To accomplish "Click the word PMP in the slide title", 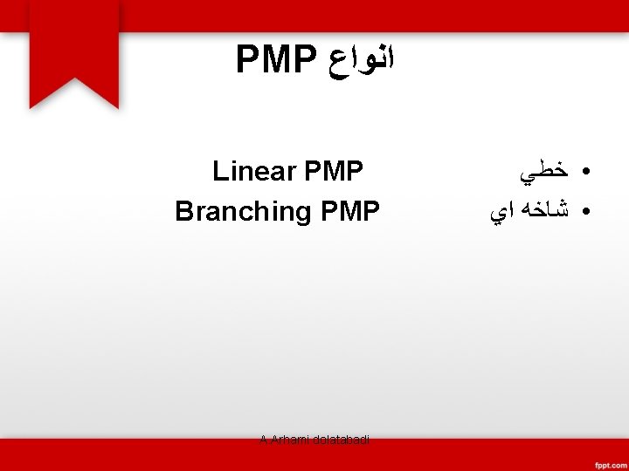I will pyautogui.click(x=275, y=60).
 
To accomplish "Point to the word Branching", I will pyautogui.click(x=244, y=211).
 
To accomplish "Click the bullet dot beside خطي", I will pyautogui.click(x=582, y=173).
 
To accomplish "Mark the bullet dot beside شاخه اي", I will pyautogui.click(x=582, y=212).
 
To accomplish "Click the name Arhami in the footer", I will pyautogui.click(x=289, y=440).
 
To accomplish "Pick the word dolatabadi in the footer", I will pyautogui.click(x=341, y=440).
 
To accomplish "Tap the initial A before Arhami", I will pyautogui.click(x=263, y=440).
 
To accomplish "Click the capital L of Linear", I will pyautogui.click(x=219, y=171).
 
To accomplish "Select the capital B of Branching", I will pyautogui.click(x=183, y=211).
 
